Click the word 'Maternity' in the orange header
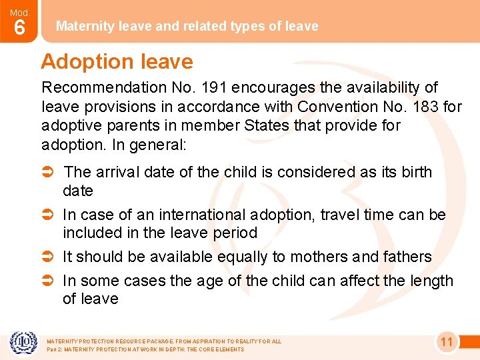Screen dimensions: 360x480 coord(83,26)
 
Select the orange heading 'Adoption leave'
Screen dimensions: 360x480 coord(117,62)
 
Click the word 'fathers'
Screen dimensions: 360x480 coord(407,257)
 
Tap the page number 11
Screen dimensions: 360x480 coord(447,343)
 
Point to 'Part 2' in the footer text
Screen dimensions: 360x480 coord(55,349)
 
